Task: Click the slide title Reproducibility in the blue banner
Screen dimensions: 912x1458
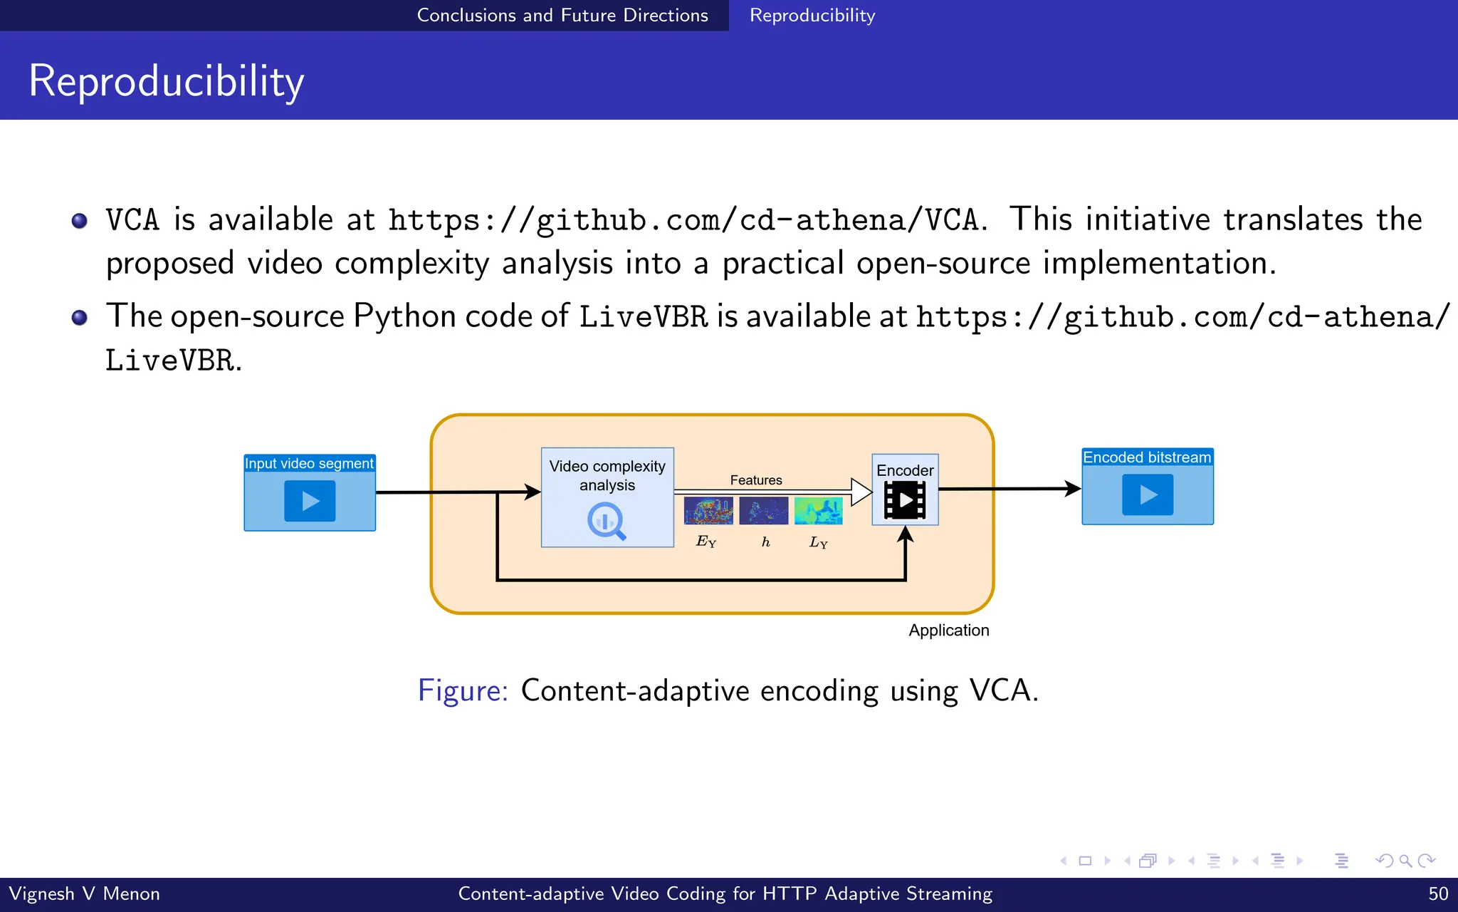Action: (166, 81)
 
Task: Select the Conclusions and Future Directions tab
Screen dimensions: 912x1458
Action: (562, 15)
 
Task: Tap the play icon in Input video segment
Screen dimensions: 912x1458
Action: (310, 501)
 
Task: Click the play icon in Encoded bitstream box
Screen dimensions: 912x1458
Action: (1148, 494)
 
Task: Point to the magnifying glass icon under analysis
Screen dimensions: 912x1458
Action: (607, 521)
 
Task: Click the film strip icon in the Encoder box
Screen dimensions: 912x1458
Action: (905, 500)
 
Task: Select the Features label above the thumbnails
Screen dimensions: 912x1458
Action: (755, 480)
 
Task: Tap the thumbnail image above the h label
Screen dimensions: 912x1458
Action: (763, 511)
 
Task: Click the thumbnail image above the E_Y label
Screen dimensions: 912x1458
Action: (708, 511)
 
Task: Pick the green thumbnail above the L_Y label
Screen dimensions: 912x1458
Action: (818, 511)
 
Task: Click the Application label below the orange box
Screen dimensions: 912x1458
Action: (948, 631)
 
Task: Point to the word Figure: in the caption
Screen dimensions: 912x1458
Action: (463, 690)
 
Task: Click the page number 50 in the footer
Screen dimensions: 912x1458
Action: (1438, 893)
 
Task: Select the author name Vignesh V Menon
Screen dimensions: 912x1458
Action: (84, 893)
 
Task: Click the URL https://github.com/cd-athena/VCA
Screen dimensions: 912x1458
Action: (683, 220)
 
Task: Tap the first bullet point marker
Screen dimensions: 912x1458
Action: (80, 221)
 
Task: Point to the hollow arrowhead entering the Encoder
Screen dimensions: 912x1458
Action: (861, 492)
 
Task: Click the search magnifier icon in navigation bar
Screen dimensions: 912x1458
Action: (1405, 861)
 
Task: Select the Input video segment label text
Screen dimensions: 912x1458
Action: (309, 463)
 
